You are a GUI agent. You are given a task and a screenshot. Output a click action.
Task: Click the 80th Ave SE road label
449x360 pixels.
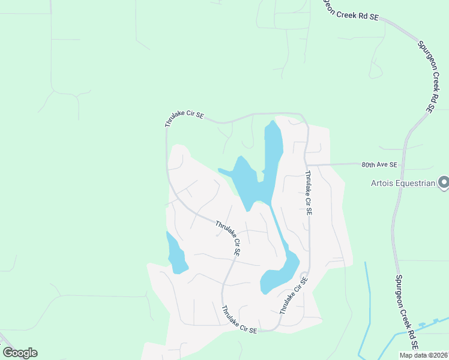coord(379,164)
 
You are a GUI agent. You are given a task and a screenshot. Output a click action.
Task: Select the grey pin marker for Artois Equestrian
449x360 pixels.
coord(444,181)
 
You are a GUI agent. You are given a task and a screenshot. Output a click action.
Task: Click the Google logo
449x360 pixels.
coord(20,353)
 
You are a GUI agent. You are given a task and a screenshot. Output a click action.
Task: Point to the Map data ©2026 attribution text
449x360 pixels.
coord(423,355)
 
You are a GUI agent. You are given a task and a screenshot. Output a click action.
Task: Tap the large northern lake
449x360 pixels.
coord(255,174)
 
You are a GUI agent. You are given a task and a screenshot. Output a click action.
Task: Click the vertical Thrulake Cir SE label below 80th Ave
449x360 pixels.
coord(308,193)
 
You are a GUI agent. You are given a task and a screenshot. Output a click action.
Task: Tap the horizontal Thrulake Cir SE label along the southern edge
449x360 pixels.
coord(240,319)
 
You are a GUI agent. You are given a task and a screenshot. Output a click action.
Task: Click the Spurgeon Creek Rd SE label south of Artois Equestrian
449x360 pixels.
coord(405,312)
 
